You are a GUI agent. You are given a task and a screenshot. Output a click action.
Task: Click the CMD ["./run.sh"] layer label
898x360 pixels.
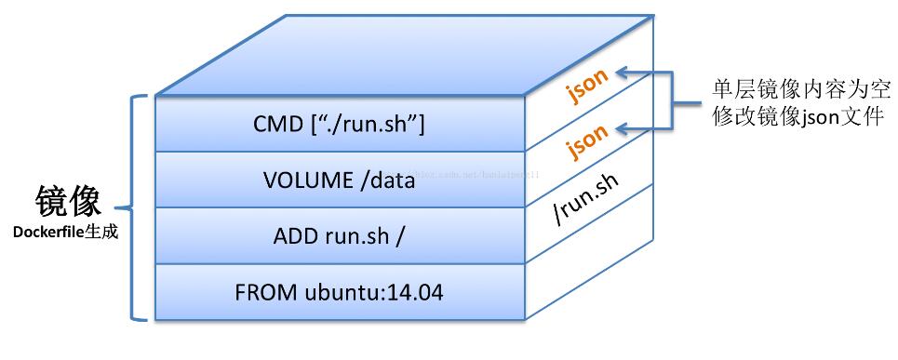coord(339,124)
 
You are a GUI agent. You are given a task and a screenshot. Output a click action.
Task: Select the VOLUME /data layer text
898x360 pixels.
coord(339,180)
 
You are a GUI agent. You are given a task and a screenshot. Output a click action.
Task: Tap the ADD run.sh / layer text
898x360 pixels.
coord(339,236)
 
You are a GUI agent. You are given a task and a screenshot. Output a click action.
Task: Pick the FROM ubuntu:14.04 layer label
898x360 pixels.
coord(339,293)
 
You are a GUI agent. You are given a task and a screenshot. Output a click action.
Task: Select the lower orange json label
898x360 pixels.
coord(587,139)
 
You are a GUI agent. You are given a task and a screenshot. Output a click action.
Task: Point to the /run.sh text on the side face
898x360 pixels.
coord(586,198)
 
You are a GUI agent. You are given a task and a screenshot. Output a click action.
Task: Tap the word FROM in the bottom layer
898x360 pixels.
coord(266,293)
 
